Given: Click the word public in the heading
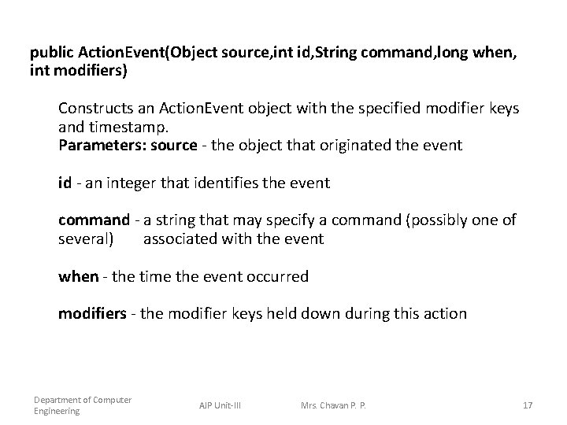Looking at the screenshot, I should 52,53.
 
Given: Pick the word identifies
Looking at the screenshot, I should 241,183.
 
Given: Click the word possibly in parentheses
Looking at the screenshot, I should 444,220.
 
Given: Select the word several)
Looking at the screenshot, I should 86,238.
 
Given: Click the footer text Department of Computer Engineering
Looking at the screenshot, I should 82,405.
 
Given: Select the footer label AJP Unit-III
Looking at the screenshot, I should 220,405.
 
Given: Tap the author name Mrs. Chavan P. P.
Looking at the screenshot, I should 333,405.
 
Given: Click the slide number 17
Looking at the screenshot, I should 528,405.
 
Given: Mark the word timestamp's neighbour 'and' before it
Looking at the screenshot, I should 70,126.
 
